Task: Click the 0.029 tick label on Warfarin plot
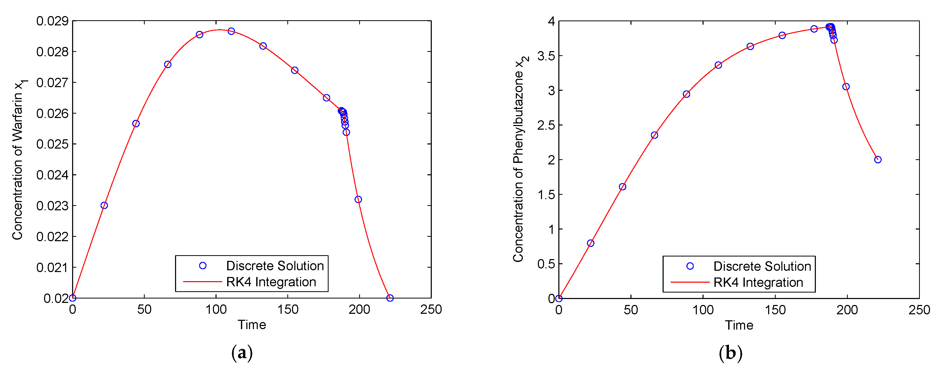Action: (52, 21)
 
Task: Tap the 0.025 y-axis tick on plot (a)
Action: (52, 144)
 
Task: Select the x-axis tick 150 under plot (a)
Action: (288, 310)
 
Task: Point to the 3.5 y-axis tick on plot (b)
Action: (546, 56)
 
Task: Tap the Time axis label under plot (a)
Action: (252, 325)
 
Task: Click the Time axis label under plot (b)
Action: (739, 325)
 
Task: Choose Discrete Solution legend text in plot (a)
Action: (275, 266)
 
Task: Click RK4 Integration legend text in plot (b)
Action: (758, 282)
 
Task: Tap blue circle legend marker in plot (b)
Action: (690, 266)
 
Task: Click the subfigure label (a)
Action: (242, 353)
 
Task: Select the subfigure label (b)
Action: (731, 353)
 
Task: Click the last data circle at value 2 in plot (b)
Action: (878, 159)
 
